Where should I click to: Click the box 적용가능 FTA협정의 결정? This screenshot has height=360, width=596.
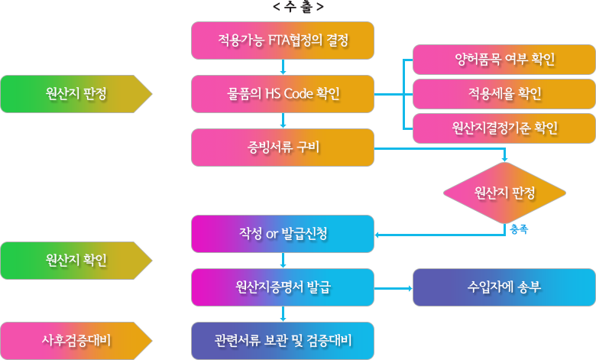tap(283, 41)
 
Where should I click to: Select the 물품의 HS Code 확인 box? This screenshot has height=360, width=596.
tap(283, 94)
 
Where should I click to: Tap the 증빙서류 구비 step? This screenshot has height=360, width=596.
tap(283, 148)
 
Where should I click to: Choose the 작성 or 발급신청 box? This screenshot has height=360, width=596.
tap(283, 234)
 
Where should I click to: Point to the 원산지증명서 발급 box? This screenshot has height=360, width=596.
tap(283, 287)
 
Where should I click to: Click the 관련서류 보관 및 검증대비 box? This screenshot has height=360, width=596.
tap(283, 341)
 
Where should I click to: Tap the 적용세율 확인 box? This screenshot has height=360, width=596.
tap(504, 94)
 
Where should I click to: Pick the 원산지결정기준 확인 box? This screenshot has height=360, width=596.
tap(504, 128)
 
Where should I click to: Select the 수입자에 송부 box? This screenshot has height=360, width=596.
tap(504, 287)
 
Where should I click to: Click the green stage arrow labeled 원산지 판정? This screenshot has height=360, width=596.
tap(76, 94)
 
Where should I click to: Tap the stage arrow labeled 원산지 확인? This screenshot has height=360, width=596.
tap(76, 261)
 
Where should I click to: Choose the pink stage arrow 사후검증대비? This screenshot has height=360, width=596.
tap(76, 341)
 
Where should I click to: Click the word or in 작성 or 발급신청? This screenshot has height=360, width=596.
tap(271, 234)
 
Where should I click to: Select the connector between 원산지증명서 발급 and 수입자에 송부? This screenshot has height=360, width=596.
tap(394, 287)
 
